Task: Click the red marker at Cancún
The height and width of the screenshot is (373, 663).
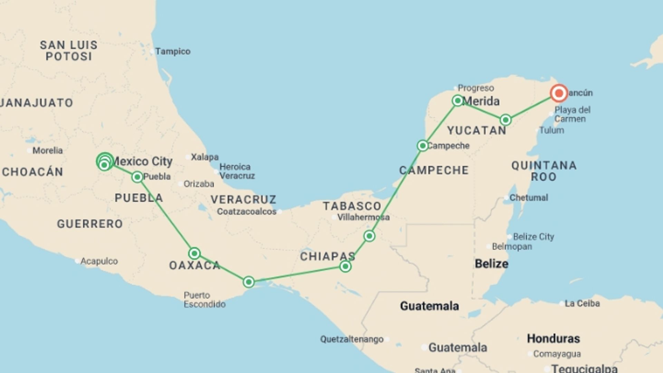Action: click(x=559, y=93)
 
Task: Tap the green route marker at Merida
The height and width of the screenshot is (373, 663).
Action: click(x=458, y=101)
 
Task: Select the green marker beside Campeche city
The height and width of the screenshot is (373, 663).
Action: click(x=422, y=146)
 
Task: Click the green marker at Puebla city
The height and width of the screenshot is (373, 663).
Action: click(x=137, y=177)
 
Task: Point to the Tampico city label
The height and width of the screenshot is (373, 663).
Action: click(x=173, y=51)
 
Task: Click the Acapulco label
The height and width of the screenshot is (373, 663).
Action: click(x=99, y=261)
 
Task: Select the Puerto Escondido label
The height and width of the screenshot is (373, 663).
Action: click(x=204, y=300)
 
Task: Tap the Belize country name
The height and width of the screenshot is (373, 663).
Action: click(x=491, y=264)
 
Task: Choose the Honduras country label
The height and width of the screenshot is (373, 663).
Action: click(x=553, y=338)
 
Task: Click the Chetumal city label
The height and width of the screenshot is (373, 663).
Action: click(x=529, y=198)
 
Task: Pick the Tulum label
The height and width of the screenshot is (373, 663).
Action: click(x=551, y=130)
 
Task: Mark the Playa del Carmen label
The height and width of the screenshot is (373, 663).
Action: click(x=572, y=114)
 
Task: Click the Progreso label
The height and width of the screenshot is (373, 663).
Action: click(x=475, y=88)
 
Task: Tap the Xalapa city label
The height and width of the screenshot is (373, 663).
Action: click(x=205, y=157)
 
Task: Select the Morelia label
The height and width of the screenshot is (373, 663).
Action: click(x=48, y=151)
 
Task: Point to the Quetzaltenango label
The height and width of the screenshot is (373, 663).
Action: click(x=352, y=339)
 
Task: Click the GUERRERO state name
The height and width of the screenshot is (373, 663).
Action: click(x=90, y=224)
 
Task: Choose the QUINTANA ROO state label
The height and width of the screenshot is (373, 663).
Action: click(x=544, y=171)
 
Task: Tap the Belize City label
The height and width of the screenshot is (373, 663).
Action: click(x=533, y=237)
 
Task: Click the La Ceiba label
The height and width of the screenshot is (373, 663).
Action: click(x=582, y=304)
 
